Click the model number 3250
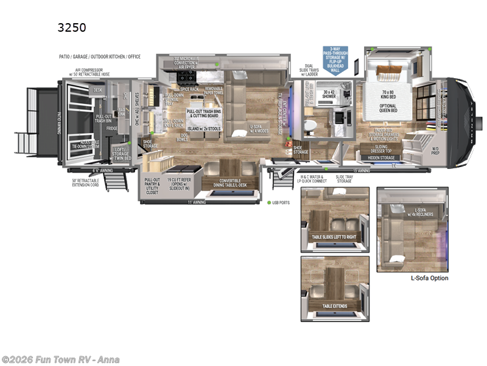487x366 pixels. coord(72,27)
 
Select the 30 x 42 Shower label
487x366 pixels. coord(329,94)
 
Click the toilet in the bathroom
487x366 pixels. coord(309,124)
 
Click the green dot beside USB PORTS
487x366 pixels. coord(268,202)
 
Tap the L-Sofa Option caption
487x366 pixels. coord(429,278)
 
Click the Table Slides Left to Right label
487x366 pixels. coord(334,237)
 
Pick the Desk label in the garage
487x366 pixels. coord(98,90)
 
